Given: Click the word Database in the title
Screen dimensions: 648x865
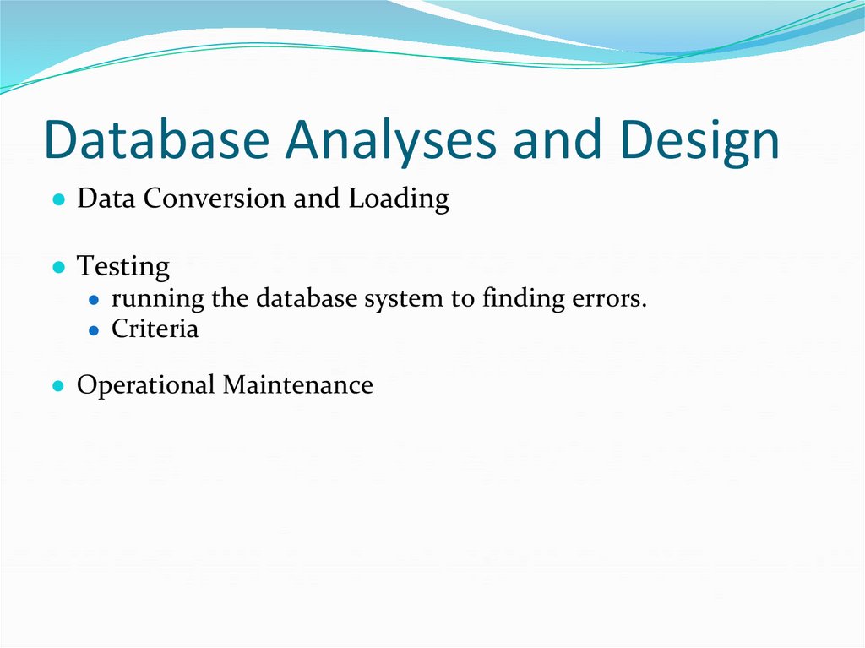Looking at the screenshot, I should click(x=156, y=140).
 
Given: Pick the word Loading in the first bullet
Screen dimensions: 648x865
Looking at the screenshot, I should click(x=399, y=200).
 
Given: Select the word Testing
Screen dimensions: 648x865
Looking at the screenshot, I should click(x=123, y=267).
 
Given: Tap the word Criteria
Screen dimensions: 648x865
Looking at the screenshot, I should click(x=155, y=329).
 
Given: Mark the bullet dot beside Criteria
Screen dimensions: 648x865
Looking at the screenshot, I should click(x=95, y=329).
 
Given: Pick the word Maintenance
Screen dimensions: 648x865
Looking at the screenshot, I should click(x=297, y=385).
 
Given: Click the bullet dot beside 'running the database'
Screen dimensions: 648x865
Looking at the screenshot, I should click(x=95, y=300).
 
